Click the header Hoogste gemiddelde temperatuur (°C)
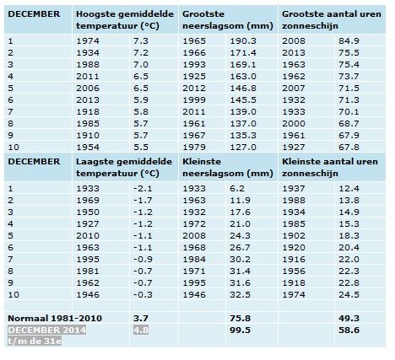125,20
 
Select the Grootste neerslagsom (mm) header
228,20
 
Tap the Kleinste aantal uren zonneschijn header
330,168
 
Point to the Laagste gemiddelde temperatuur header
124,168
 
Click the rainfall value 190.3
243,41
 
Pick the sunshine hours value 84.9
349,41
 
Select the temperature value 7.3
141,41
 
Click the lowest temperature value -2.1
143,189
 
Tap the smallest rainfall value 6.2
237,189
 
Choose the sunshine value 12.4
349,189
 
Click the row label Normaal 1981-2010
55,319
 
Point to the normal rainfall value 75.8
240,319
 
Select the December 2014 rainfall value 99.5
240,330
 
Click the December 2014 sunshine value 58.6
349,330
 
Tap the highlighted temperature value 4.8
141,330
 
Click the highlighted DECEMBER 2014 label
47,330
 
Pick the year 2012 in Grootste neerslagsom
194,89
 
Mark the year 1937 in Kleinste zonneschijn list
294,189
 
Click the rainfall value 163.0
243,77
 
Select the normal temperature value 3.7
141,319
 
